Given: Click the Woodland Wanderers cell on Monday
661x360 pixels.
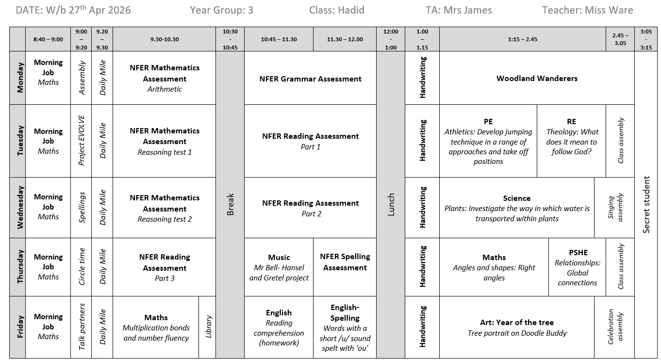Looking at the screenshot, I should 537,78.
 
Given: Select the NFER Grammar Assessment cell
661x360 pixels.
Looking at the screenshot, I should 310,79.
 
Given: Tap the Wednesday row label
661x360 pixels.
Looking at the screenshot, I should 17,208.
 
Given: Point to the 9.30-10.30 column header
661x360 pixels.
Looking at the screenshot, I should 165,39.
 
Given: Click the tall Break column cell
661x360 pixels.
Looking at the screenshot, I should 230,204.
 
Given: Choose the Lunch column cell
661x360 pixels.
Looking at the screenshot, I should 391,204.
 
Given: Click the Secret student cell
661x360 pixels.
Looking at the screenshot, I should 646,204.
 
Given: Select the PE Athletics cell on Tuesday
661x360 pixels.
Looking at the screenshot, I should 488,141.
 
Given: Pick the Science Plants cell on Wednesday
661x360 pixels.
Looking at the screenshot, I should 517,208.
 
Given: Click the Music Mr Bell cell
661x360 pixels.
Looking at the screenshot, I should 279,267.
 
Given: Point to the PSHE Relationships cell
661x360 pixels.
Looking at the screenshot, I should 578,267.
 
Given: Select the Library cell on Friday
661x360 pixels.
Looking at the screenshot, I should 208,327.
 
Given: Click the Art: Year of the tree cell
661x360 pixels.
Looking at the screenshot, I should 517,327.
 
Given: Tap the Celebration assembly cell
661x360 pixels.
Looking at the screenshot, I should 614,327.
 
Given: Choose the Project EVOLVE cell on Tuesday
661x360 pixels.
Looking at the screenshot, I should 81,141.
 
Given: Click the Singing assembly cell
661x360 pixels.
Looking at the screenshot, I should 614,208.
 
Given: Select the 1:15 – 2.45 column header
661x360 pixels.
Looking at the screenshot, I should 522,39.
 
